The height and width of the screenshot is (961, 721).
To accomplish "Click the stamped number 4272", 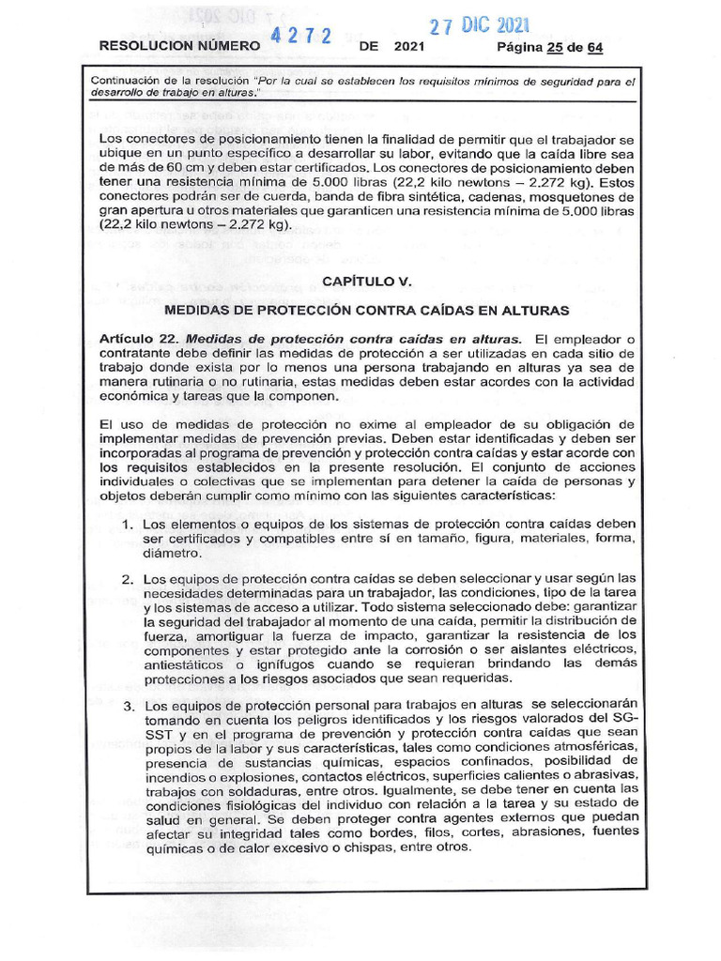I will click(x=301, y=37).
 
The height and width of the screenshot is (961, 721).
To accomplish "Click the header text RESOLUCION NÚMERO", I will click(x=177, y=45).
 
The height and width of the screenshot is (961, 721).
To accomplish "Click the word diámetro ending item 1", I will click(x=172, y=554).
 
